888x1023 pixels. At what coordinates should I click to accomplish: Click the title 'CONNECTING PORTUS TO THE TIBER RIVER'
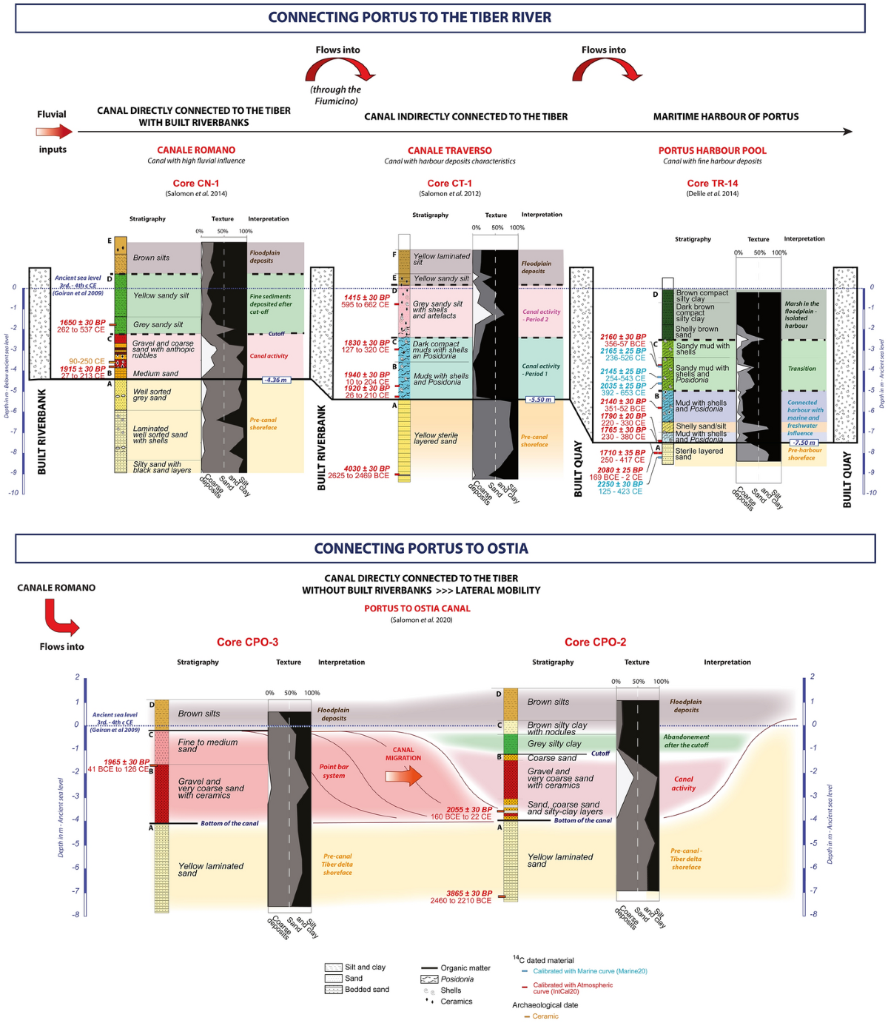point(409,17)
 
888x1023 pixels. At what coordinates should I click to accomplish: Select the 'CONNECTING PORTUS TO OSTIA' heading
point(421,549)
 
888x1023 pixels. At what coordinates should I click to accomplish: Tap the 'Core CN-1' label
point(196,183)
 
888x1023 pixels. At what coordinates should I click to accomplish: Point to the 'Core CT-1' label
point(449,183)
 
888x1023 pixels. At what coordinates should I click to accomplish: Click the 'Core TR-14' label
point(712,183)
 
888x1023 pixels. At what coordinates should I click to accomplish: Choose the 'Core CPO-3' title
point(247,642)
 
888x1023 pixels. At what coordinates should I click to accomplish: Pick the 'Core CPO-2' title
point(595,642)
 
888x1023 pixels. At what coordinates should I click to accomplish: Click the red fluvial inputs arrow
point(54,132)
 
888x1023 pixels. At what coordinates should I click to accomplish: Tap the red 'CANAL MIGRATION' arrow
point(403,776)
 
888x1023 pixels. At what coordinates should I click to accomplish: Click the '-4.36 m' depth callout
point(275,380)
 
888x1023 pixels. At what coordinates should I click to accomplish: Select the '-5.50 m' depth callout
point(539,400)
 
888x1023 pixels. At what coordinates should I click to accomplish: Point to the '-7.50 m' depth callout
point(804,443)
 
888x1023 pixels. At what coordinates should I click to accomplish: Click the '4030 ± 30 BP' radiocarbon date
point(366,469)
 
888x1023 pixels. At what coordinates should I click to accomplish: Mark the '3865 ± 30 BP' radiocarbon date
point(469,893)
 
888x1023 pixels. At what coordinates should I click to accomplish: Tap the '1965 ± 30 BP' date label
point(127,762)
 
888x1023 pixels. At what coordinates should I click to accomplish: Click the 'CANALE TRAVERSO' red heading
point(449,150)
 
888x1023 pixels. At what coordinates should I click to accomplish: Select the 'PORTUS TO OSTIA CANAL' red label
point(417,608)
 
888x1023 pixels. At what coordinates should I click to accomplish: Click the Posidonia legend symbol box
point(429,979)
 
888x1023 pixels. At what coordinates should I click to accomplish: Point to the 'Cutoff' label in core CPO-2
point(600,754)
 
